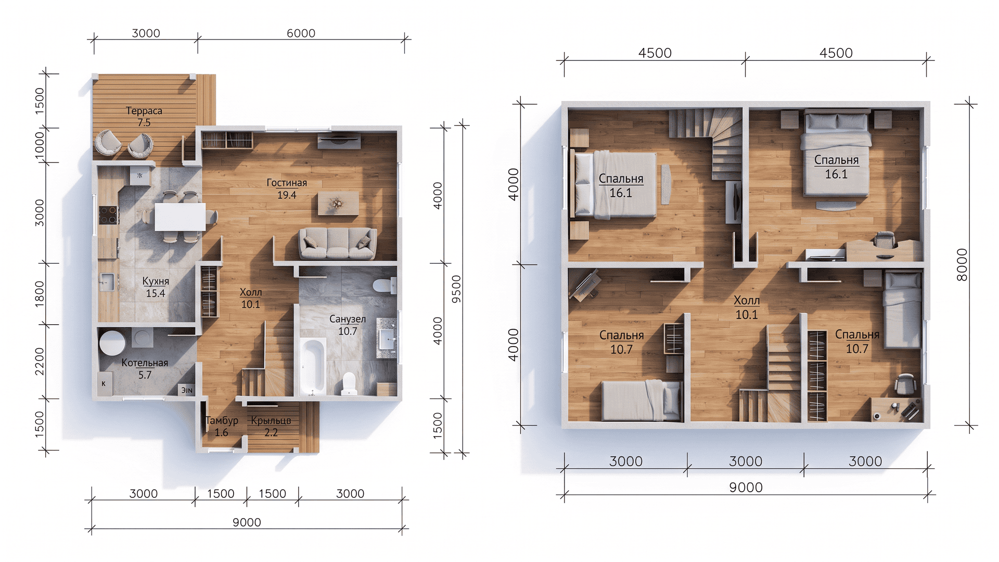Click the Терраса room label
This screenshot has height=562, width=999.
(144, 111)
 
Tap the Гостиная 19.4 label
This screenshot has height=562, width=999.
(287, 189)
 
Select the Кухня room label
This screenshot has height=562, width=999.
(156, 281)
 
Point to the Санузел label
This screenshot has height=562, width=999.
(348, 319)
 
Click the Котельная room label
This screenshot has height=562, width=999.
(145, 363)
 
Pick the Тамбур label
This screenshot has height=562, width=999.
(222, 420)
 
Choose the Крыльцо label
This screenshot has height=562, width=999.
(271, 420)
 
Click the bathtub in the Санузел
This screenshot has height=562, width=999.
(313, 366)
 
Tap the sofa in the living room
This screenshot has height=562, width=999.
(337, 244)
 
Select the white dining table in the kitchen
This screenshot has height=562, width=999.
(180, 216)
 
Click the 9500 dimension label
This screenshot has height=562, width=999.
(456, 289)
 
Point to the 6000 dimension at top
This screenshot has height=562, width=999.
(301, 33)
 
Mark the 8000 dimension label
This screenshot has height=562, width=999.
(962, 265)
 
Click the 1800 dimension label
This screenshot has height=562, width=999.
(40, 294)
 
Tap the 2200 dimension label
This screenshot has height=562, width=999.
(40, 362)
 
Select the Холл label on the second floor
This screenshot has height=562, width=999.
(747, 300)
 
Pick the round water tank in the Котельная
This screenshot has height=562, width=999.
(112, 342)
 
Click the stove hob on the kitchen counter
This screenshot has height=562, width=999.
(109, 215)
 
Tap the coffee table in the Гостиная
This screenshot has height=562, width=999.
(338, 203)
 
